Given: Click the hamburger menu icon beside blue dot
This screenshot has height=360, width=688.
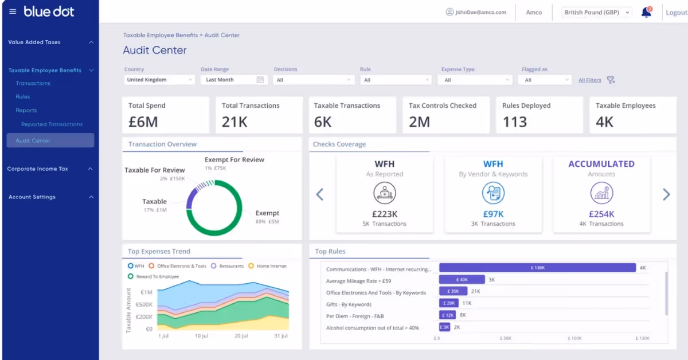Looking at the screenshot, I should (13, 11).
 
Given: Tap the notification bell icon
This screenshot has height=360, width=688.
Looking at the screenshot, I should (646, 12).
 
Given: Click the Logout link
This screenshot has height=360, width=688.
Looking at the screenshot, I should (676, 13).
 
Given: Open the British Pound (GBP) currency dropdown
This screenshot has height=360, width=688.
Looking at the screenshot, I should (596, 13).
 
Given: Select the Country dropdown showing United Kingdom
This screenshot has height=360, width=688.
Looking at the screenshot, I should (159, 80).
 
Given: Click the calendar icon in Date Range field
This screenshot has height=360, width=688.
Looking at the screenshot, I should (260, 80).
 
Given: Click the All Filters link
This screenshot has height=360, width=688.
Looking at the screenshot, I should (589, 80).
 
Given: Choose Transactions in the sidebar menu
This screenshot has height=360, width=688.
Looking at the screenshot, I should (33, 84).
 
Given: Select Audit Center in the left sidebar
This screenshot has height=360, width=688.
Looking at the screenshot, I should (33, 140).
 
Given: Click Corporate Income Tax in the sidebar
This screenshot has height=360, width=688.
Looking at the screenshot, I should (38, 169).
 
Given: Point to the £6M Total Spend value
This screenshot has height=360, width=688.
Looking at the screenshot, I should (143, 122).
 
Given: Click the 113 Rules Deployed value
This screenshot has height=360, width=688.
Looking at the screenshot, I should (514, 122).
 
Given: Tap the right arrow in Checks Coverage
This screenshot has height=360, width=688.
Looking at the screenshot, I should (666, 195).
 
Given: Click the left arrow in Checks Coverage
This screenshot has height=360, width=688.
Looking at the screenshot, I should (320, 195).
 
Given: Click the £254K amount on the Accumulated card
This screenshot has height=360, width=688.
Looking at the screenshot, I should (601, 214).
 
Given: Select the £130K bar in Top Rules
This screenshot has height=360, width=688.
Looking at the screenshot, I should (537, 268).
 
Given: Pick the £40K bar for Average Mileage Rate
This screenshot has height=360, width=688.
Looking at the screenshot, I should (462, 280).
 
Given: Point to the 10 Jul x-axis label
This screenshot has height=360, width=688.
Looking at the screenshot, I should (201, 336).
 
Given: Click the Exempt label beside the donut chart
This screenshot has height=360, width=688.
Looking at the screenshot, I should (267, 213).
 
